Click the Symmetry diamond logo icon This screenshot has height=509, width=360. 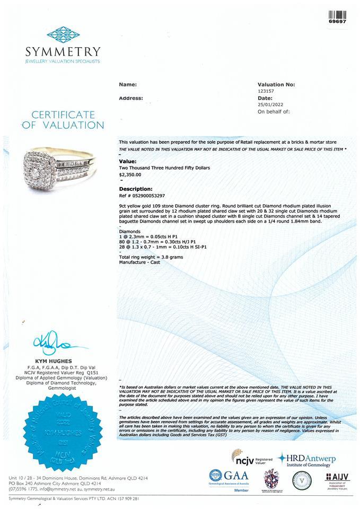pyautogui.click(x=63, y=35)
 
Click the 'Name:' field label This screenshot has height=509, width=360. pyautogui.click(x=127, y=84)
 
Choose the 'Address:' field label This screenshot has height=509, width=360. pyautogui.click(x=130, y=98)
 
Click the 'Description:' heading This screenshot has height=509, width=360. pyautogui.click(x=136, y=189)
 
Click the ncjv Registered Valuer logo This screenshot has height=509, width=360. pyautogui.click(x=252, y=457)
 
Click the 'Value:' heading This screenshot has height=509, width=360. pyautogui.click(x=127, y=161)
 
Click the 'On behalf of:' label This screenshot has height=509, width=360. pyautogui.click(x=273, y=112)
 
